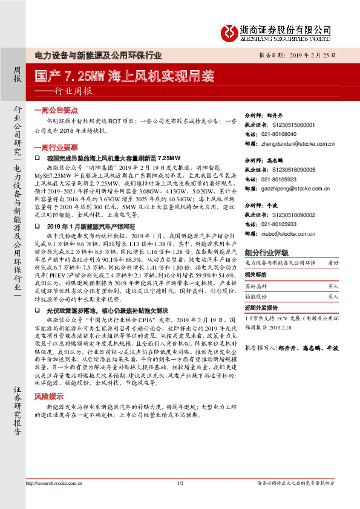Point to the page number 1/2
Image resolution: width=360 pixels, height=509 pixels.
point(180,499)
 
